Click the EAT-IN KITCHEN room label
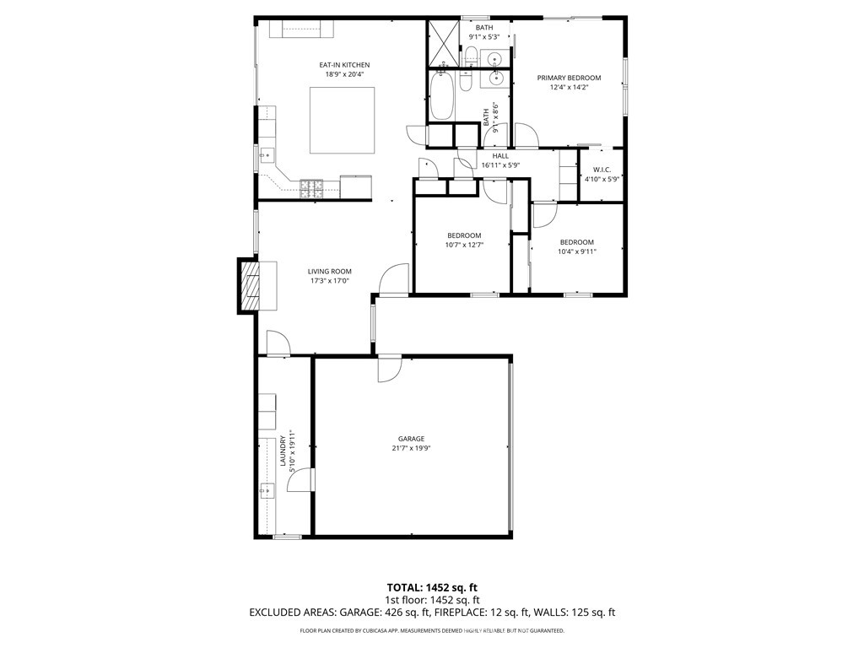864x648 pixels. tap(343, 65)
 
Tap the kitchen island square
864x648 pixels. tap(342, 121)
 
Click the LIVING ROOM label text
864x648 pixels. tap(329, 271)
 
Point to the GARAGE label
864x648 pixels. tap(411, 439)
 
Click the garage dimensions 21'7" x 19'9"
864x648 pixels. tap(411, 449)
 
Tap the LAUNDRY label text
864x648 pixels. tap(282, 451)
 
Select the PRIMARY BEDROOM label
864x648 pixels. tap(569, 78)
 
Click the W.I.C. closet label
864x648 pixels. tap(602, 170)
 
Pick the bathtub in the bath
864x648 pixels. tap(441, 97)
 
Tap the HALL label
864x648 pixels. tap(500, 156)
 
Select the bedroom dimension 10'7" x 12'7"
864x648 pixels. tap(463, 246)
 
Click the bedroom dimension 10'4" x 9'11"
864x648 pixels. tap(576, 251)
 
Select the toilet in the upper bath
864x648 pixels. tap(471, 57)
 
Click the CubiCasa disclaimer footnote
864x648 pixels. tap(432, 631)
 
